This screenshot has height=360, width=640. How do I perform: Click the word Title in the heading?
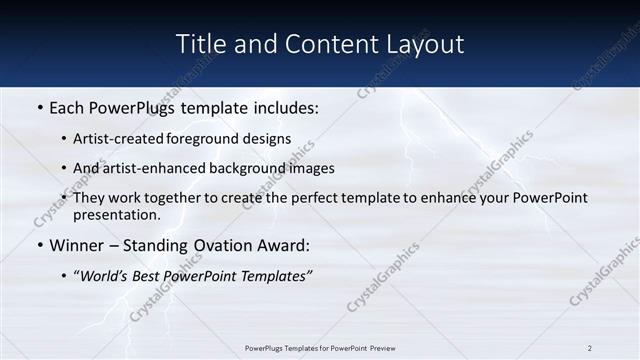(198, 44)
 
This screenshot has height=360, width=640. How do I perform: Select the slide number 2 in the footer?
(590, 348)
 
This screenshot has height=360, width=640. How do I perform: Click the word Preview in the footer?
(378, 348)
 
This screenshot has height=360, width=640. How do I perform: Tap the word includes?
(287, 106)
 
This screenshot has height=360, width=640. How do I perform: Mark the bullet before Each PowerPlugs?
(39, 106)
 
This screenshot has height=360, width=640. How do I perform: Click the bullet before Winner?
(39, 245)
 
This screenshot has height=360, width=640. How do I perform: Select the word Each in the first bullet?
(67, 106)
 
